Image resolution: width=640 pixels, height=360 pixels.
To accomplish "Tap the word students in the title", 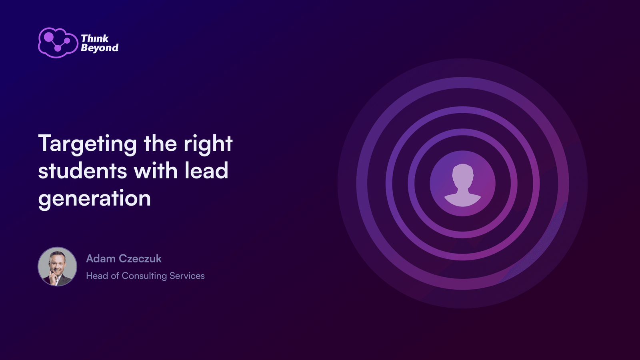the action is tap(82, 170).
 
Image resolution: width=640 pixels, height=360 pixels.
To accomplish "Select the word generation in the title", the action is tap(94, 198).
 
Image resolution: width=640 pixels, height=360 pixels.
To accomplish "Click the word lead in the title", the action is tap(206, 170).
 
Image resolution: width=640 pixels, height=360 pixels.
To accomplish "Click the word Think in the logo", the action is tap(95, 38).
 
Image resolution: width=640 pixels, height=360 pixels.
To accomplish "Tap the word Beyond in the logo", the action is tap(100, 48).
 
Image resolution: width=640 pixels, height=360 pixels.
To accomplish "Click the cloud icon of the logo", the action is tap(58, 42).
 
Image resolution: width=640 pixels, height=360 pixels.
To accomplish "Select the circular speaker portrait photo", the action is tap(58, 266).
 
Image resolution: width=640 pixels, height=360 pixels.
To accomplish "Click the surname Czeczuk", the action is tap(140, 258).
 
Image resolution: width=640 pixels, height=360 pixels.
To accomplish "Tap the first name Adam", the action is tap(100, 258).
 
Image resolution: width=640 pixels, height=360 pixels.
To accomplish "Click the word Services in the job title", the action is tap(187, 276).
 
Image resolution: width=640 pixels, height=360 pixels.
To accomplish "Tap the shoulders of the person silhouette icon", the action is tap(462, 199).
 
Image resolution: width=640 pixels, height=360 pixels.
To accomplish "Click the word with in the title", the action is tap(156, 170).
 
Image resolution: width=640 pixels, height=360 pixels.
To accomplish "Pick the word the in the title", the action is tap(160, 143).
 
